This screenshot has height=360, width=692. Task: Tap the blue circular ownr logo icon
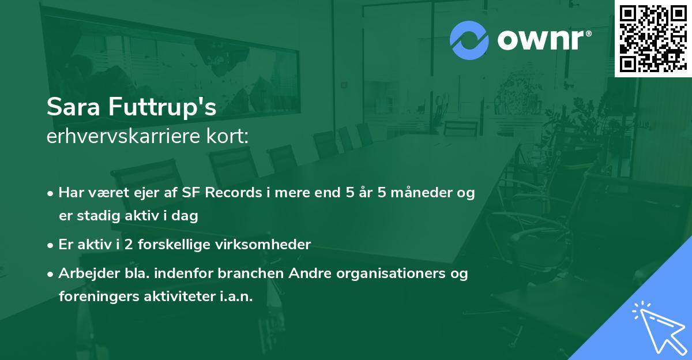click(469, 40)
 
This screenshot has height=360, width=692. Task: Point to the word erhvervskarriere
click(119, 137)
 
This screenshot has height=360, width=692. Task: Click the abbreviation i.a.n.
click(236, 297)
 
